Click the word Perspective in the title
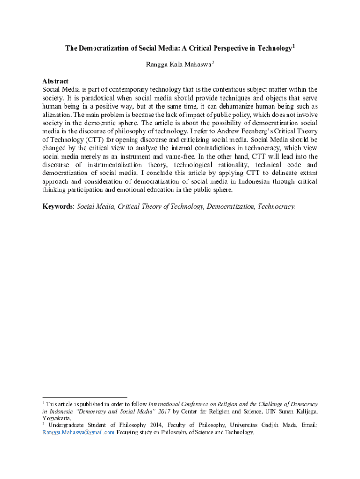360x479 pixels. (223, 49)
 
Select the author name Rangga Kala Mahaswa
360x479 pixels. (179, 65)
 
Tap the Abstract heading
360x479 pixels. (55, 81)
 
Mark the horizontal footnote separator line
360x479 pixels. (85, 397)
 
